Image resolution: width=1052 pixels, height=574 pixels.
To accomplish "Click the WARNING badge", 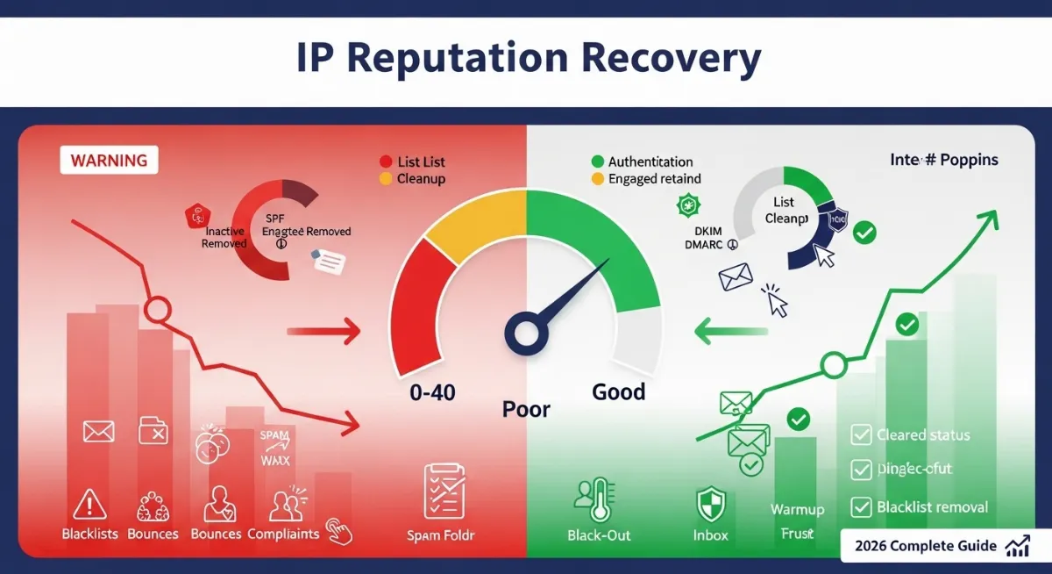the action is pos(109,161).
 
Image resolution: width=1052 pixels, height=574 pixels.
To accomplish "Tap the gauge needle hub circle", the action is pos(525,333).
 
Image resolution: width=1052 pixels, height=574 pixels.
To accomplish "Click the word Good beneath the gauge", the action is pos(618,391).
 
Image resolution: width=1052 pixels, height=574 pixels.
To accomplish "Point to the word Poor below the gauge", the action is pos(526,409).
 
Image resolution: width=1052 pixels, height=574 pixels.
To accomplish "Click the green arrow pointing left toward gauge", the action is pos(730,332).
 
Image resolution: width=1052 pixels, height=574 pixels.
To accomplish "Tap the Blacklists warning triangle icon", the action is pos(89,505).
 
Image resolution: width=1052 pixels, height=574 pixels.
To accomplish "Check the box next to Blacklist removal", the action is pos(862,506).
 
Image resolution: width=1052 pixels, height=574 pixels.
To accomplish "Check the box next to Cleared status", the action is pos(862,434).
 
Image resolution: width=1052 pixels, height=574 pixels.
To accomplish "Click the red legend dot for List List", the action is pos(385,161).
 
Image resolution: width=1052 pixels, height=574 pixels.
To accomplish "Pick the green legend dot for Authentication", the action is pos(598,161).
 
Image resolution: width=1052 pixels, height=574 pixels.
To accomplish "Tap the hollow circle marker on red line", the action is pos(157,309).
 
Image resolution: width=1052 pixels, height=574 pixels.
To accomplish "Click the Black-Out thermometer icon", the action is pos(589,501).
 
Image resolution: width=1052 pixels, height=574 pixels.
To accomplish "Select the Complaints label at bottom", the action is pos(283,534).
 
